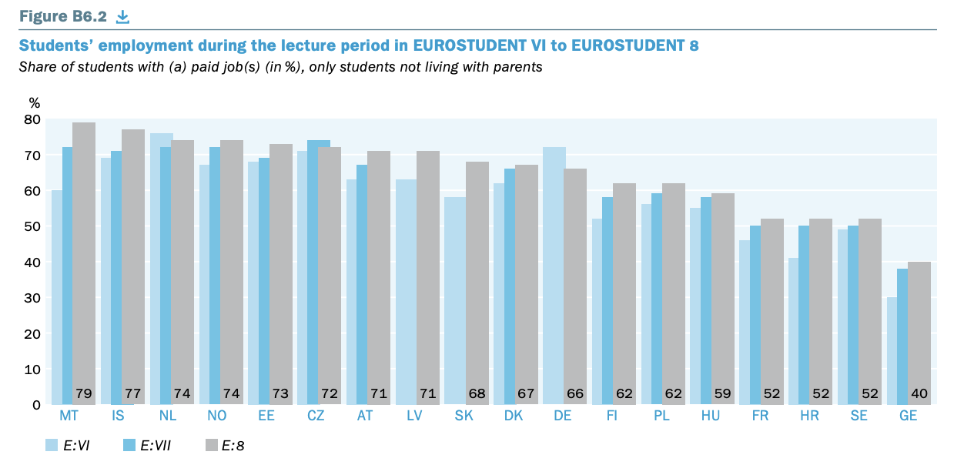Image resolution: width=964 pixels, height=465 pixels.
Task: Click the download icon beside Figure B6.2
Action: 122,16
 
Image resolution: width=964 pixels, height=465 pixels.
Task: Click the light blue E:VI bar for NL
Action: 161,269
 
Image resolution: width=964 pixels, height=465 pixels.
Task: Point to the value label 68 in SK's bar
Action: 477,394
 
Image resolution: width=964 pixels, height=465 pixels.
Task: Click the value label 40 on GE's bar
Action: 919,394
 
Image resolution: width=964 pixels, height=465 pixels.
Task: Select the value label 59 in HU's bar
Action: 723,394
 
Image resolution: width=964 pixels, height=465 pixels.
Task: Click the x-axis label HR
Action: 810,416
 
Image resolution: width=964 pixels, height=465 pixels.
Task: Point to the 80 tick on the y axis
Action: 32,119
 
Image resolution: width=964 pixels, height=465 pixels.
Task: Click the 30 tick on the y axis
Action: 32,298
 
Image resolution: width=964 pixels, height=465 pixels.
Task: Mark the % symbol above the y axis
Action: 34,102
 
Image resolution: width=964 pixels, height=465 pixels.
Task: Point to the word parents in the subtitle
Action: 518,67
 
